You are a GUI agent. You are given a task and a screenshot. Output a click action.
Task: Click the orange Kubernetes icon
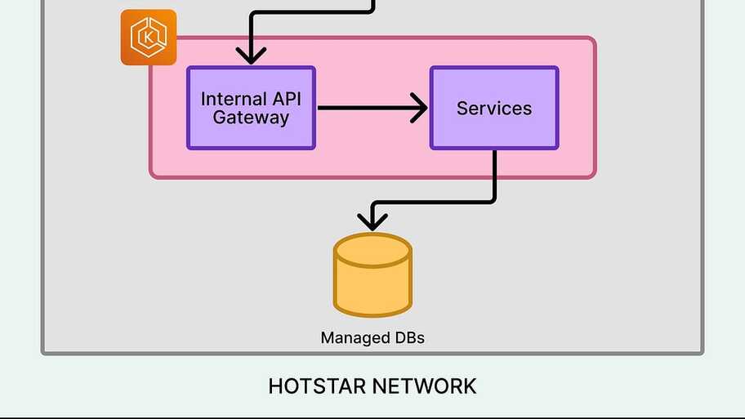click(x=149, y=37)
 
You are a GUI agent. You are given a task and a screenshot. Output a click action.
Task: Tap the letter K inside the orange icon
click(x=149, y=38)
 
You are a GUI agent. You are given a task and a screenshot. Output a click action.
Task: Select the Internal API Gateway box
click(x=251, y=108)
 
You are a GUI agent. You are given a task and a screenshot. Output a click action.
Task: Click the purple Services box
click(x=494, y=108)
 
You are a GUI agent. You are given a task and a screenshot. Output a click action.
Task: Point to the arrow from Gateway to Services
click(x=368, y=108)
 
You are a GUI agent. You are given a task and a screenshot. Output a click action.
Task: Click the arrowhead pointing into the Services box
click(x=420, y=108)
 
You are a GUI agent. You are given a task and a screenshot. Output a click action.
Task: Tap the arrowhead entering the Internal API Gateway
click(x=251, y=56)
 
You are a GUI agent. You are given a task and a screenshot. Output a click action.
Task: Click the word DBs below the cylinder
click(x=406, y=338)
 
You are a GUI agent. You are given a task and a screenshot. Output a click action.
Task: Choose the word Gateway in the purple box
click(x=251, y=118)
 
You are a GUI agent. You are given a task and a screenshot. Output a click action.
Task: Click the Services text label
click(x=494, y=109)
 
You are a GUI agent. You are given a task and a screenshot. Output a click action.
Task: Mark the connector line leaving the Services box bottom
click(x=494, y=176)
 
